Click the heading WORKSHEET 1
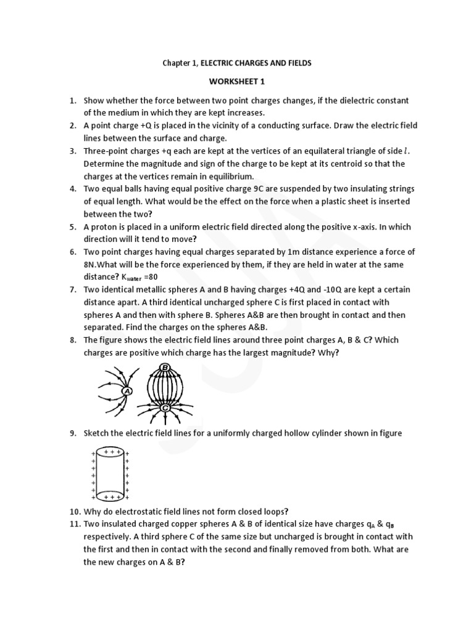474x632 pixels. click(236, 81)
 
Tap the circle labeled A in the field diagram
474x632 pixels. click(127, 391)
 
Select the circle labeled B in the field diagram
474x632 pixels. click(165, 368)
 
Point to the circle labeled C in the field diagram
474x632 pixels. click(165, 408)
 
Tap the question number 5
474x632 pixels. click(72, 227)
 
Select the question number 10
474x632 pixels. click(74, 510)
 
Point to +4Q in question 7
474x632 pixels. click(308, 289)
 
